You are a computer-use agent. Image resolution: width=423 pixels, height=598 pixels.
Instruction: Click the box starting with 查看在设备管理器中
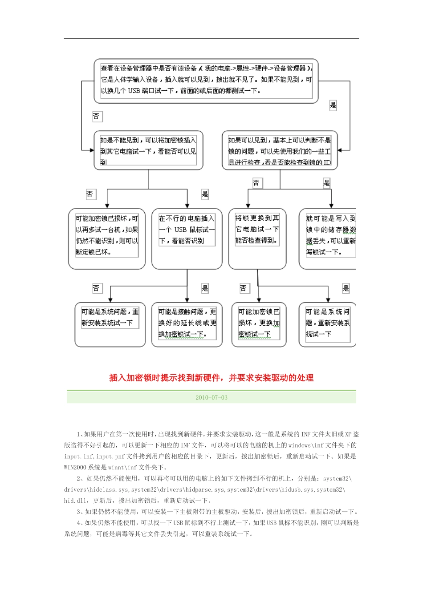click(x=206, y=80)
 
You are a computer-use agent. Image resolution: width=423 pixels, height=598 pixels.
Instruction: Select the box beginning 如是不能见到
click(x=148, y=150)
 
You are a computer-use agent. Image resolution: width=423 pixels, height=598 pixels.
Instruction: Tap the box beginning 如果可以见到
click(x=280, y=150)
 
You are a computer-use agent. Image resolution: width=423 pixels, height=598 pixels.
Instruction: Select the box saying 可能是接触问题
click(x=187, y=323)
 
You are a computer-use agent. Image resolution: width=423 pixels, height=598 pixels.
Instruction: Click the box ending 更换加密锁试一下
click(x=259, y=323)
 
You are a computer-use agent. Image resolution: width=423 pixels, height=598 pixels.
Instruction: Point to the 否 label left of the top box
click(x=96, y=117)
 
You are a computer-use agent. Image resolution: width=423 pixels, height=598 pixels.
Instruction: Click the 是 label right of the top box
click(x=333, y=105)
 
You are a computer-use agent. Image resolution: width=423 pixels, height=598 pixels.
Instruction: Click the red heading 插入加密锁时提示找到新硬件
click(x=211, y=378)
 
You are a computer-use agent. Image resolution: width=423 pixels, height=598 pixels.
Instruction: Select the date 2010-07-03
click(x=211, y=397)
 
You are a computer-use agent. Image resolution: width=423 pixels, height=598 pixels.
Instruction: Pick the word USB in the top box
click(x=134, y=91)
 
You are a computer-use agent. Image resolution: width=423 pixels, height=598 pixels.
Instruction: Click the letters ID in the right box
click(x=327, y=162)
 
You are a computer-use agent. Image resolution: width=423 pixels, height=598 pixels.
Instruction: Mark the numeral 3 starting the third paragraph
click(x=78, y=512)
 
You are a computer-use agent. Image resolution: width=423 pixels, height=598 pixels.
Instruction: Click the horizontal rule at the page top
click(x=211, y=38)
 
